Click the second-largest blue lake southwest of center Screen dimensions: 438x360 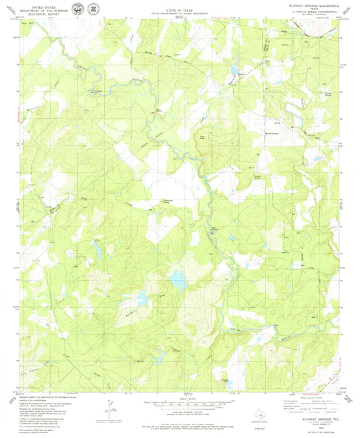click(143, 295)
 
